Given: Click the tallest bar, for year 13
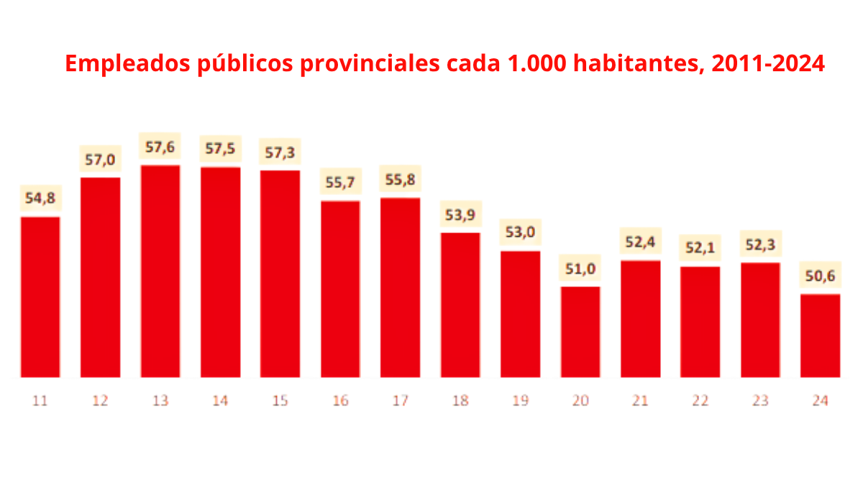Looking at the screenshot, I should [160, 271].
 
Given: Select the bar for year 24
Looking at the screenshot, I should [820, 335].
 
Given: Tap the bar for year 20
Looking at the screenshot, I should [580, 332].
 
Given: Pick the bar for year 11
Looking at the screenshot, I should [40, 297].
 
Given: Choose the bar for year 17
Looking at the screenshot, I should [401, 287].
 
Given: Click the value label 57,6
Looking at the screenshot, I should [160, 148].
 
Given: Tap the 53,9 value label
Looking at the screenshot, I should [460, 214].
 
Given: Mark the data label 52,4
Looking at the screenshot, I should [641, 243].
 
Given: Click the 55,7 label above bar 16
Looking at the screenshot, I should [340, 183].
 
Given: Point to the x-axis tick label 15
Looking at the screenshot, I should [280, 401].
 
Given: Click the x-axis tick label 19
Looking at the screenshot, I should [521, 401].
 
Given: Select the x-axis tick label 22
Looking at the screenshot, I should [700, 401].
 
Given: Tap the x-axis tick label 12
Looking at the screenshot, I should [100, 401].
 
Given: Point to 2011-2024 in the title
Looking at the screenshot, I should [767, 65].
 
